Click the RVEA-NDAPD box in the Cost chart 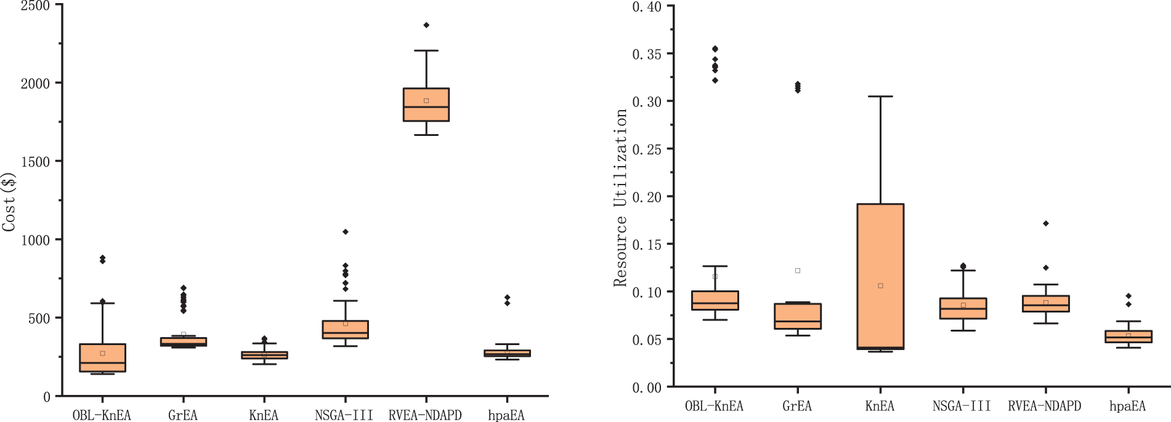(426, 105)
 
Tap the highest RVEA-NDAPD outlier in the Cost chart (426, 25)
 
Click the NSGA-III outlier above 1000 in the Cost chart (346, 232)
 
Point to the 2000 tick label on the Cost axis (35, 84)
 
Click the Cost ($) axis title (9, 202)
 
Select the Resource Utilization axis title (620, 197)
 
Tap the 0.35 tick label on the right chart (647, 54)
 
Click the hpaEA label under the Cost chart (506, 415)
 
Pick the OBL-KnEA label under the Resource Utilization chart (714, 406)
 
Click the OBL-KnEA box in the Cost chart (102, 357)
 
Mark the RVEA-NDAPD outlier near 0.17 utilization (1046, 223)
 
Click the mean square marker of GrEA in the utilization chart (798, 271)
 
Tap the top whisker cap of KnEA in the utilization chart (880, 97)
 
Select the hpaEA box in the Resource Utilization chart (1128, 336)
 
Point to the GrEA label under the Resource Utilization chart (797, 406)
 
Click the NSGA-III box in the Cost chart (346, 329)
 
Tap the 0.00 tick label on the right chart (647, 388)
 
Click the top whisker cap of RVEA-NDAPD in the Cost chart (426, 50)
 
